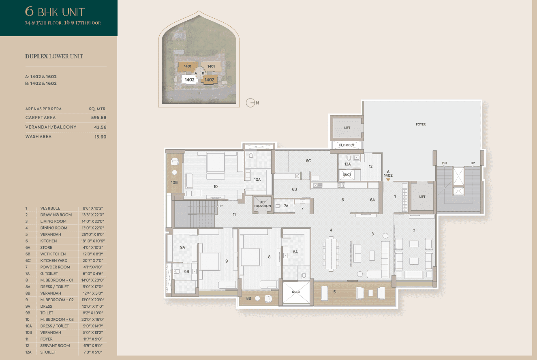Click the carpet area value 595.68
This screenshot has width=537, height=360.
pyautogui.click(x=98, y=118)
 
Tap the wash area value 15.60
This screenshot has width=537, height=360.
pyautogui.click(x=100, y=137)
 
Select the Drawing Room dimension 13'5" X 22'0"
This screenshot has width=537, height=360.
pyautogui.click(x=92, y=214)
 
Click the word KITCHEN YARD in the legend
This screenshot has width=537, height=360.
pyautogui.click(x=53, y=260)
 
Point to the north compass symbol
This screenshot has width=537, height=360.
pyautogui.click(x=250, y=103)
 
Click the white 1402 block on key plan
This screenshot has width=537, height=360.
pyautogui.click(x=189, y=79)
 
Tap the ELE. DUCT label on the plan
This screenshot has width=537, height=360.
pyautogui.click(x=347, y=145)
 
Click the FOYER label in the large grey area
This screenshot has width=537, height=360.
pyautogui.click(x=421, y=124)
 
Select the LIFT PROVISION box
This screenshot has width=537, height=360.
pyautogui.click(x=263, y=204)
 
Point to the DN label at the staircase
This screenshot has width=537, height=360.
pyautogui.click(x=444, y=163)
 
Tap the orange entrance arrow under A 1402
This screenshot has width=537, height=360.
pyautogui.click(x=388, y=180)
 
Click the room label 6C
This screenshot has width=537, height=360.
pyautogui.click(x=308, y=161)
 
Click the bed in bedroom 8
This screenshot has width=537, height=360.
pyautogui.click(x=250, y=257)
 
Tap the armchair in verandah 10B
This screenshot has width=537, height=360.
pyautogui.click(x=175, y=161)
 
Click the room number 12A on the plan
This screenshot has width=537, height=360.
pyautogui.click(x=347, y=164)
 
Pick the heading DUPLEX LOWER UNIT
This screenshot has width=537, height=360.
pyautogui.click(x=54, y=56)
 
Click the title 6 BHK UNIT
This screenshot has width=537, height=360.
pyautogui.click(x=55, y=12)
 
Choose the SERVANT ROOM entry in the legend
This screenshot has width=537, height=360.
pyautogui.click(x=55, y=346)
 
